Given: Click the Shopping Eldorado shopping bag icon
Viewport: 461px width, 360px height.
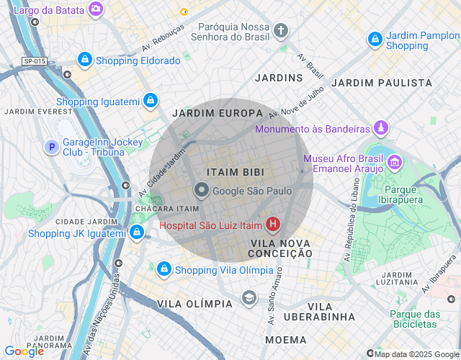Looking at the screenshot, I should click(x=85, y=60).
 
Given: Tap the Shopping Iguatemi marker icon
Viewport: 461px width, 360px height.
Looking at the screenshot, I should click(x=150, y=101).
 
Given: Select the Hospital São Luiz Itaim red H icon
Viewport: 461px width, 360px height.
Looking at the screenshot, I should click(x=273, y=225).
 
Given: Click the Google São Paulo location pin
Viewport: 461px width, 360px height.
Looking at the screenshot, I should click(x=202, y=191).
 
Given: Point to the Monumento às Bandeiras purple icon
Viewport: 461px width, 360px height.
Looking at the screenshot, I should click(x=380, y=129).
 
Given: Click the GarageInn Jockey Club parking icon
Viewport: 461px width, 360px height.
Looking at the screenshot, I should click(x=51, y=148).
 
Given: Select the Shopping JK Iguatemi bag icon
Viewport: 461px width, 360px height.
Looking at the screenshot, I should click(x=136, y=233).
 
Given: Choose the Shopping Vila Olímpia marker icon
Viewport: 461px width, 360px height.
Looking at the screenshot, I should click(x=164, y=269).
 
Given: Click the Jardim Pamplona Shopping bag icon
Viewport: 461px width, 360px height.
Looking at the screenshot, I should click(x=375, y=40).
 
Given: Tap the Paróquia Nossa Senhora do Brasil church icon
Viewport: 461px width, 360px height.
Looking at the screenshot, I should click(x=280, y=30).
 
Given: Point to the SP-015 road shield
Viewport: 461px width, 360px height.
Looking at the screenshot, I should click(x=33, y=61).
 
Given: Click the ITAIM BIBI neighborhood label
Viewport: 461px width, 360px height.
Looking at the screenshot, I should click(x=235, y=173).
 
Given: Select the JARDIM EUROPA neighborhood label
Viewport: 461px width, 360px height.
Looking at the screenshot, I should click(x=218, y=113).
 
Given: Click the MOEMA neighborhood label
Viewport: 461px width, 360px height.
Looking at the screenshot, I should click(x=285, y=339).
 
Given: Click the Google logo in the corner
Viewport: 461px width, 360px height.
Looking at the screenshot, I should click(x=24, y=351).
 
